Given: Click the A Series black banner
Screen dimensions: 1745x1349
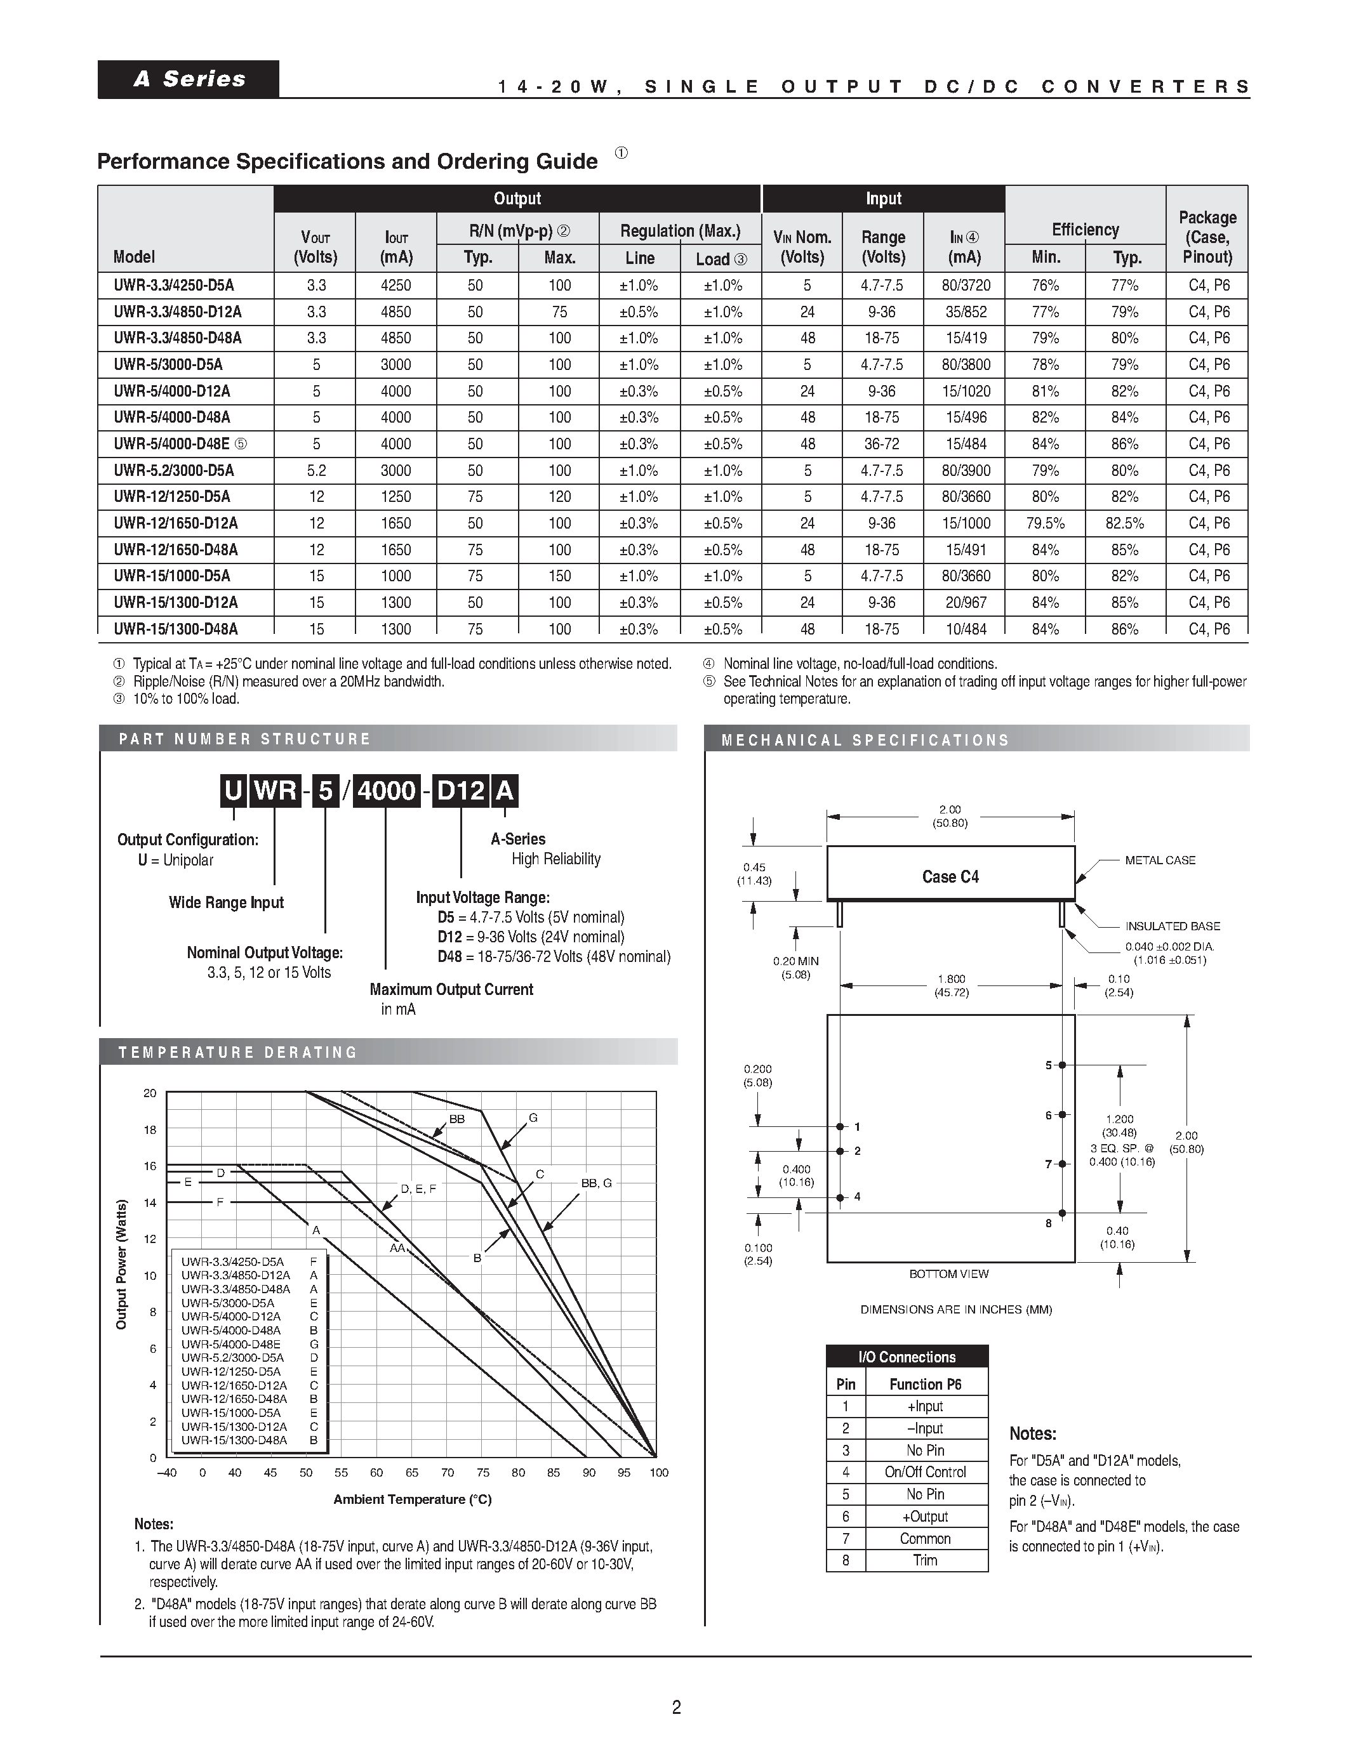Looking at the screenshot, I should (x=189, y=79).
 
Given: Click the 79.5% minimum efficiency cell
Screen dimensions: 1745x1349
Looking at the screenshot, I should (x=1046, y=523).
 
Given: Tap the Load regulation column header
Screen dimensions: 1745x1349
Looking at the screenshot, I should (x=721, y=259).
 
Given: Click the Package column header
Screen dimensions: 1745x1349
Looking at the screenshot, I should (x=1207, y=237).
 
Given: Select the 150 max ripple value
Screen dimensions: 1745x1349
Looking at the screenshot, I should (x=559, y=576).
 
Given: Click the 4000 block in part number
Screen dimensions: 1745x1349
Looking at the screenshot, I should (x=387, y=791).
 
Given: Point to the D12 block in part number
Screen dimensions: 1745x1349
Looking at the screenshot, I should (x=461, y=791).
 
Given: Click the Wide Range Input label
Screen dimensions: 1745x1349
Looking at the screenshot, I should (x=226, y=903).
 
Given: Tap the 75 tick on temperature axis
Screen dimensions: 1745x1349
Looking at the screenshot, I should (x=482, y=1473).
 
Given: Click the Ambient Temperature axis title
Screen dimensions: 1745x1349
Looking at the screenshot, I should (x=413, y=1499).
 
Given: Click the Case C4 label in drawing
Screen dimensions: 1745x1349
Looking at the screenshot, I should (x=950, y=876).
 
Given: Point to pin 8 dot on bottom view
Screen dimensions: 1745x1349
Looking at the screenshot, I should (x=1062, y=1213).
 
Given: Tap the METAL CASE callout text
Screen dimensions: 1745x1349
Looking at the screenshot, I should (x=1160, y=860).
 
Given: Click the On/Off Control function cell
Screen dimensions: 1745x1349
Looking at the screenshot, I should (x=926, y=1472).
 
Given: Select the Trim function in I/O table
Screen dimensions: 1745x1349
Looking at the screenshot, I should (x=926, y=1560).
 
